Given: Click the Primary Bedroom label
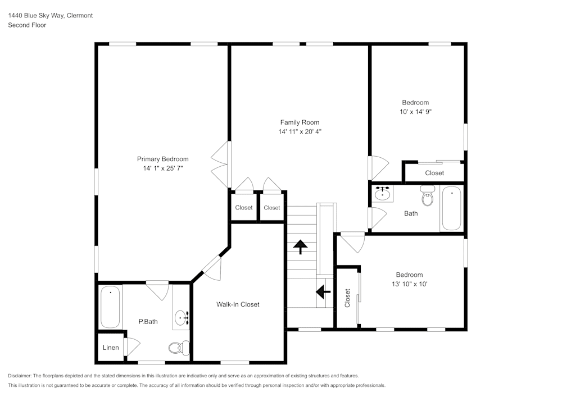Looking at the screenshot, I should click(x=162, y=159).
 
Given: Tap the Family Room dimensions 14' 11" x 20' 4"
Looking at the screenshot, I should click(x=300, y=131).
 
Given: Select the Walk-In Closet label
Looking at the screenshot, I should click(x=238, y=304).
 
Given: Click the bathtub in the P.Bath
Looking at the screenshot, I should click(x=110, y=307).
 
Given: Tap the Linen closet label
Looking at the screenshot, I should click(x=111, y=348).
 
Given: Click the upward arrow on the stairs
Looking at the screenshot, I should click(x=301, y=246).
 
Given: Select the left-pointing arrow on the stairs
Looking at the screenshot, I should click(x=323, y=292).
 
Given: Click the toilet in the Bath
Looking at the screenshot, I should click(x=428, y=198).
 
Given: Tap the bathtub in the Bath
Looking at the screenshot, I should click(x=451, y=209).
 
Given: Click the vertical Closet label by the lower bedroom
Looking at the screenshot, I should click(x=347, y=298).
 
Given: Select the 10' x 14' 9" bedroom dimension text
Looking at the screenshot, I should click(x=415, y=112).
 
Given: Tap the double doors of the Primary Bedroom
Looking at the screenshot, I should click(x=221, y=165).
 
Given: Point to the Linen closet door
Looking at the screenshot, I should click(x=133, y=348).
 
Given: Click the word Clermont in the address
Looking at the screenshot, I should click(x=80, y=16).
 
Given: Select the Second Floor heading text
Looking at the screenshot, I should click(x=27, y=25).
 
